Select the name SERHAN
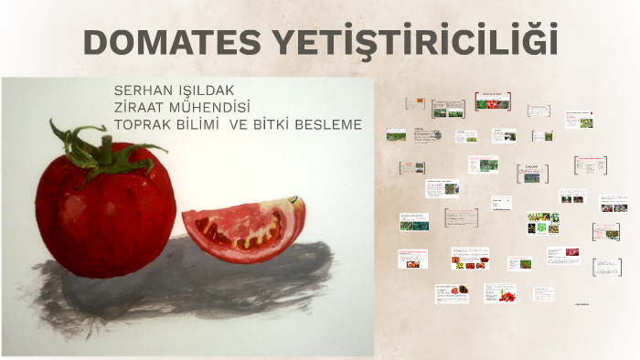point(140,91)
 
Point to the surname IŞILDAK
point(203,91)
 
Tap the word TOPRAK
point(142,123)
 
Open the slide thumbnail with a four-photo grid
point(543,224)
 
